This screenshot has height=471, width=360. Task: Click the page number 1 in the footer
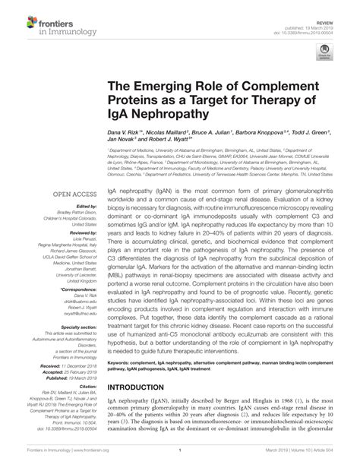180,464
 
